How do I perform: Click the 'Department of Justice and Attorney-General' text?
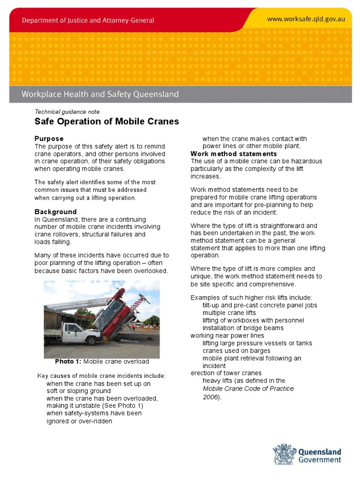tap(88, 21)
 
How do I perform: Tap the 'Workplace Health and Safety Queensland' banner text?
tap(100, 94)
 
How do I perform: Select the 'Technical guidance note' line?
tap(67, 112)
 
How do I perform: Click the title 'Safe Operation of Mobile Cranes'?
tap(107, 122)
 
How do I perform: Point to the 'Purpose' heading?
tap(49, 139)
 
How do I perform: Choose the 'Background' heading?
tap(55, 212)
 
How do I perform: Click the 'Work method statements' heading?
tap(233, 154)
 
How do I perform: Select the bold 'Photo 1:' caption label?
tap(68, 361)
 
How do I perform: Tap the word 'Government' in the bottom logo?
tap(320, 460)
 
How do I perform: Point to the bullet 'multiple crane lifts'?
tap(229, 313)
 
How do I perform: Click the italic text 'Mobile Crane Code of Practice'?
tap(248, 389)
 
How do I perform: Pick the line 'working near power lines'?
tap(227, 336)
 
